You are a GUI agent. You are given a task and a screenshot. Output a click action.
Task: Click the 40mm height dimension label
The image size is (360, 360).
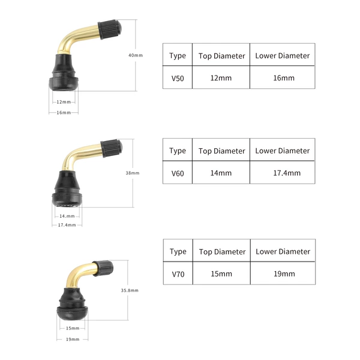136,55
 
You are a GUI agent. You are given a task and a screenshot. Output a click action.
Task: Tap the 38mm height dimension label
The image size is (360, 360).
133,173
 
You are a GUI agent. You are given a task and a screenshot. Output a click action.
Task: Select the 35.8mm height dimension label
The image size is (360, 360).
130,290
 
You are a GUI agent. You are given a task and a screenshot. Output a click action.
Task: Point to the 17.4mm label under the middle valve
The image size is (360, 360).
67,225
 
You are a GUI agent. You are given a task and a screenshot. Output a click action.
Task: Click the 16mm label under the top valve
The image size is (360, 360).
64,113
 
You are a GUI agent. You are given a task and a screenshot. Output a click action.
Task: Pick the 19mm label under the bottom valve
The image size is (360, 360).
73,339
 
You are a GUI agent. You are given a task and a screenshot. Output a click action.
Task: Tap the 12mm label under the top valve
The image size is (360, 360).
64,102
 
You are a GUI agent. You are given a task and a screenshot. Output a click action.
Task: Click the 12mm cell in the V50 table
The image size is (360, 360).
221,78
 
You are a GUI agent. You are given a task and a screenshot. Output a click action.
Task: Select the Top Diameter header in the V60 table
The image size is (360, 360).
222,151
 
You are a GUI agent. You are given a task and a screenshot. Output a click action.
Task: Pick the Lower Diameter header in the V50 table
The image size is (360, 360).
283,56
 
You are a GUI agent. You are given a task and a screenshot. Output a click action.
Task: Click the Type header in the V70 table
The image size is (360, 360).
178,251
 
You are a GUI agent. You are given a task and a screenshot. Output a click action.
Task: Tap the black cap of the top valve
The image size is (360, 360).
110,29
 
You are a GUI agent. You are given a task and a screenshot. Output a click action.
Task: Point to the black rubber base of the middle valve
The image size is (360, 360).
67,189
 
